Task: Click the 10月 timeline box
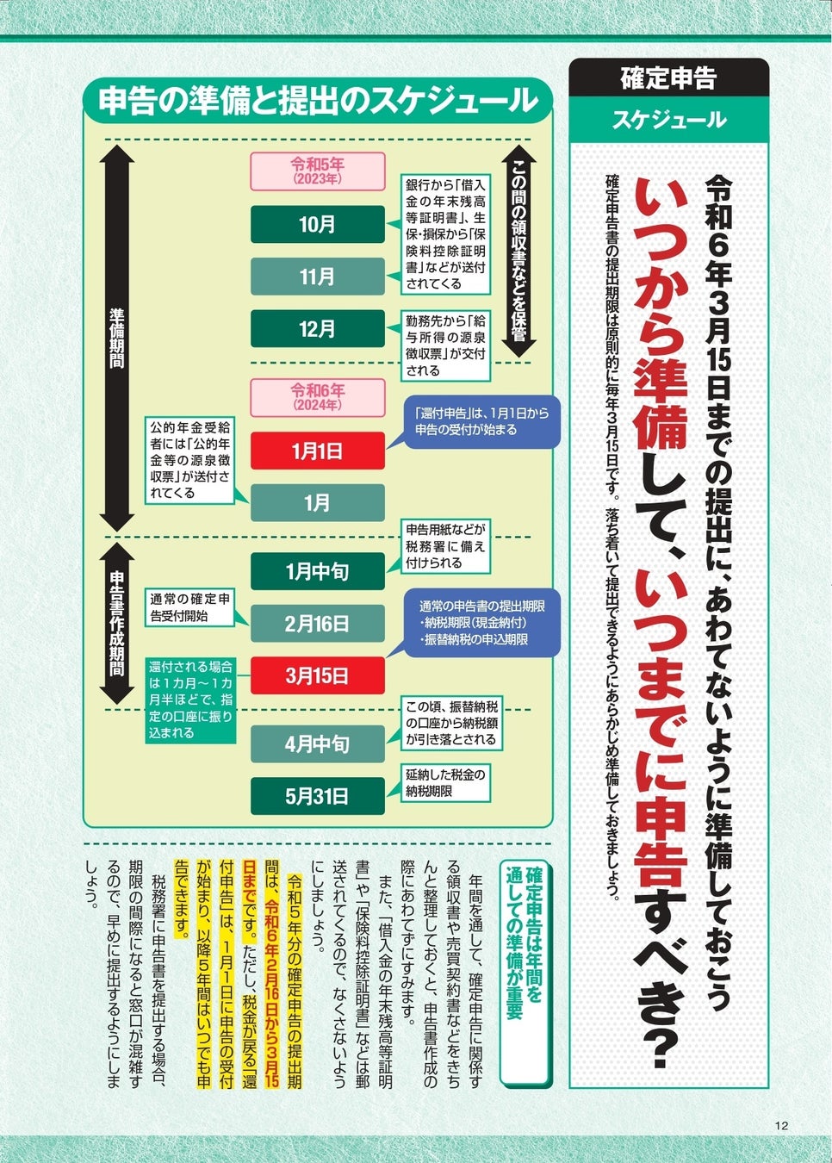317,225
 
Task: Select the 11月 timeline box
317,277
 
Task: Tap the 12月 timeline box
317,329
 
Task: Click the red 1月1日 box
317,451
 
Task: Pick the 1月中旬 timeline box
317,571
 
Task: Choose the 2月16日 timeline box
317,624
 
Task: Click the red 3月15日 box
317,675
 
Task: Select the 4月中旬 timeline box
317,743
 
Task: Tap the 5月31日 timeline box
317,796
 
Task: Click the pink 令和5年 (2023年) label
317,171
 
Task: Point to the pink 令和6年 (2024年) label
317,397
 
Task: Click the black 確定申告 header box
668,78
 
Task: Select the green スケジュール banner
668,120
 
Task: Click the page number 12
781,1125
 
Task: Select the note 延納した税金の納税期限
445,782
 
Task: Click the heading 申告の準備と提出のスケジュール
317,101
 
